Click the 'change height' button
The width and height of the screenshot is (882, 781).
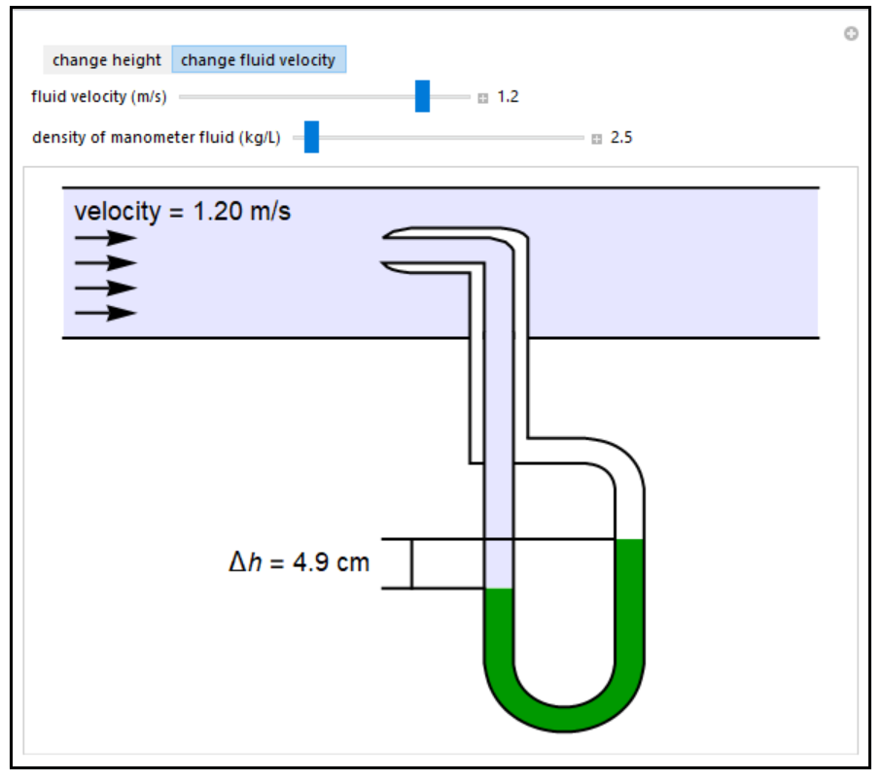(x=106, y=60)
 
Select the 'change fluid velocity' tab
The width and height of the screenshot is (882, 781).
(x=258, y=60)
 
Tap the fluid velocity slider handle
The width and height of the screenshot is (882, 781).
(x=422, y=97)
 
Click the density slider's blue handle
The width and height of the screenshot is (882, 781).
(x=311, y=138)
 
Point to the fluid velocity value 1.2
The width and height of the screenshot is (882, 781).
(x=508, y=97)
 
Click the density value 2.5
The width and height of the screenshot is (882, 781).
(x=621, y=138)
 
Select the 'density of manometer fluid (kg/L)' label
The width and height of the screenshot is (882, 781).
(x=156, y=138)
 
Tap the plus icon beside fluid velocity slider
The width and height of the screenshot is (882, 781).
(x=482, y=98)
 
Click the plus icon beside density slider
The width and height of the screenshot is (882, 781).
(x=596, y=139)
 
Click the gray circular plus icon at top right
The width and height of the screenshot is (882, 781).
(x=851, y=34)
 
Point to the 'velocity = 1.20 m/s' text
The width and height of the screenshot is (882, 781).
(x=182, y=211)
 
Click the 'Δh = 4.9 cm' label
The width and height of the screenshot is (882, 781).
(x=299, y=562)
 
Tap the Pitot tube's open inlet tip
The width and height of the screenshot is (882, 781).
(x=388, y=250)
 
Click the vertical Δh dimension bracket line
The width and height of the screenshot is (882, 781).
(x=411, y=563)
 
